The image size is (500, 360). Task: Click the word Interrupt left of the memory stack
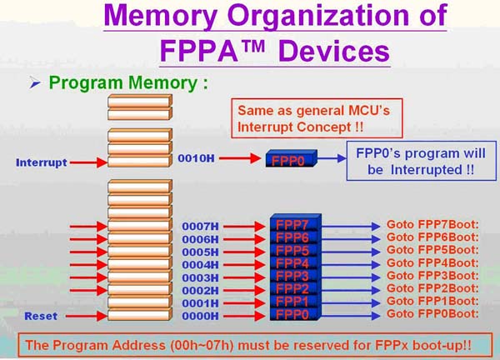click(x=41, y=162)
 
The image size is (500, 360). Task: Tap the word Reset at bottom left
click(x=40, y=316)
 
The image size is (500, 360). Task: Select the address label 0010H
click(x=197, y=158)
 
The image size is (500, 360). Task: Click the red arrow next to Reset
click(x=89, y=316)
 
